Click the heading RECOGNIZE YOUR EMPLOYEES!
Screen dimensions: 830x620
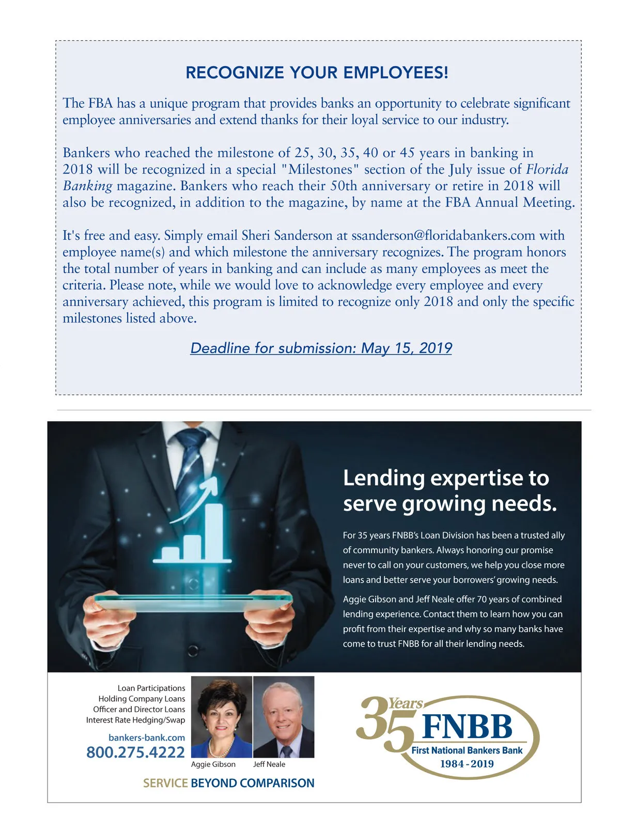[317, 73]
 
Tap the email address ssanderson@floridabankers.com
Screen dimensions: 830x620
[443, 236]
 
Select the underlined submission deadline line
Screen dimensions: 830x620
[321, 348]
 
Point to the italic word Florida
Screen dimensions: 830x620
[547, 170]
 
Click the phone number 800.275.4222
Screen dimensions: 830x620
[135, 752]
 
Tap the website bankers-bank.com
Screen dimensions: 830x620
[146, 737]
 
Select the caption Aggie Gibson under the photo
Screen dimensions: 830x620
[213, 764]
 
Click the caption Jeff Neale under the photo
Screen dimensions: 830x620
[269, 764]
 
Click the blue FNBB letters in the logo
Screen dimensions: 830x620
[467, 727]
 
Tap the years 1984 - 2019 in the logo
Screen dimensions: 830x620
[467, 764]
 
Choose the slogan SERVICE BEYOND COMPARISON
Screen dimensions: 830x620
[228, 783]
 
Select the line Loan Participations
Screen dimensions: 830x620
[151, 688]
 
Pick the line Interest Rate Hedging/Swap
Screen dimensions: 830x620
[135, 720]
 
